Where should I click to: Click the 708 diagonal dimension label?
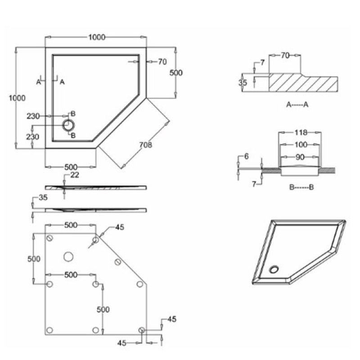(x=145, y=145)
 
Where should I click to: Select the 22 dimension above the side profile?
(x=75, y=175)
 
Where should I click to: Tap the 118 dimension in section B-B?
(x=301, y=132)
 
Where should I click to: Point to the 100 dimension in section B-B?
(x=301, y=144)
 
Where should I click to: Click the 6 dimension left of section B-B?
(x=246, y=156)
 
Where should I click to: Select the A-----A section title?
(x=297, y=104)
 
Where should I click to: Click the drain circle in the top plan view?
(x=69, y=125)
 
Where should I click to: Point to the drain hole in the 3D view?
(x=274, y=270)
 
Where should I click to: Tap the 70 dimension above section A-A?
(x=284, y=55)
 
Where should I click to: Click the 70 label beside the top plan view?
(x=162, y=62)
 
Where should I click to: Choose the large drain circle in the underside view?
(x=68, y=256)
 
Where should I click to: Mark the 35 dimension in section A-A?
(x=243, y=83)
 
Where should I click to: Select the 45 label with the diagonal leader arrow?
(x=119, y=227)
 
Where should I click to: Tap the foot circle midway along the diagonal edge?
(x=118, y=262)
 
